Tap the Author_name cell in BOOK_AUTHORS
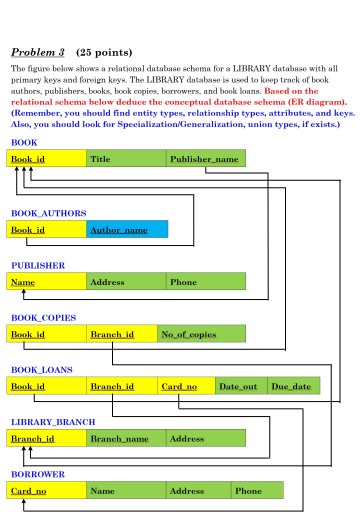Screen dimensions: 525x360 [127, 230]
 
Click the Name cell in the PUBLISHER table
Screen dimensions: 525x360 [47, 282]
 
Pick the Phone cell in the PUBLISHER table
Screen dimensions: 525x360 [205, 282]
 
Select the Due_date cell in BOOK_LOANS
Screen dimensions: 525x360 [294, 386]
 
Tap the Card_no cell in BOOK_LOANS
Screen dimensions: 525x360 [187, 386]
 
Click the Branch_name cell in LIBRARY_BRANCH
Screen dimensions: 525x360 [126, 438]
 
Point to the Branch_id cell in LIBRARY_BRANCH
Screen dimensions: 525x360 [47, 438]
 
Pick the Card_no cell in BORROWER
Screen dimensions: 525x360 [47, 491]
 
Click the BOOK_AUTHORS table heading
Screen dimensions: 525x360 [48, 213]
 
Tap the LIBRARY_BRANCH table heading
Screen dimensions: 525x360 [55, 422]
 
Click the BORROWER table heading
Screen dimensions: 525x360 [38, 475]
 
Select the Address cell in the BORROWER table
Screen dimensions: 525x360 [199, 491]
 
